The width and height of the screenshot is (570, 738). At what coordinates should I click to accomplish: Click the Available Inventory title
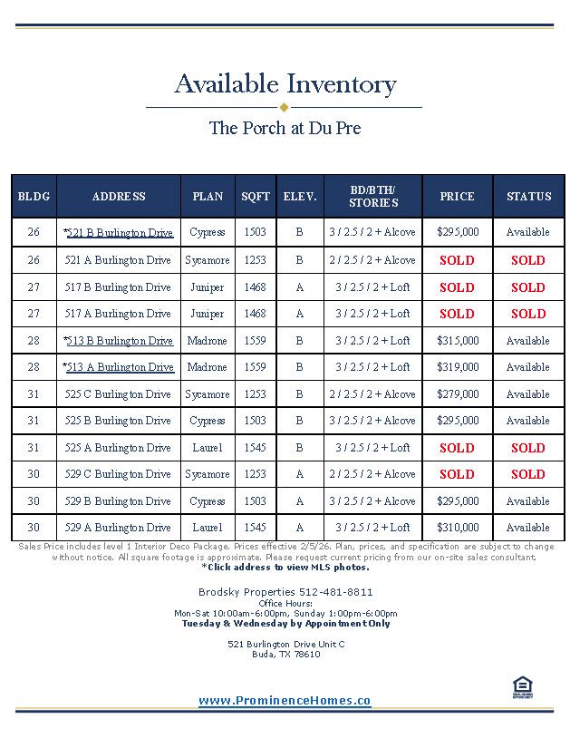pyautogui.click(x=285, y=84)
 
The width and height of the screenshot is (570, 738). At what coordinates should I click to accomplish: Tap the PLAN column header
pyautogui.click(x=208, y=197)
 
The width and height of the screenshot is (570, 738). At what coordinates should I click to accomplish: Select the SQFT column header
pyautogui.click(x=256, y=197)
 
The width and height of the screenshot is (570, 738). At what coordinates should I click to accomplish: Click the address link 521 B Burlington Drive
pyautogui.click(x=120, y=233)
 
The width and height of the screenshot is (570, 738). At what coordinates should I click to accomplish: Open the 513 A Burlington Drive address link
pyautogui.click(x=120, y=367)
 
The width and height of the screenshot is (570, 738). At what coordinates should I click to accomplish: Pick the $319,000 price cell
pyautogui.click(x=458, y=367)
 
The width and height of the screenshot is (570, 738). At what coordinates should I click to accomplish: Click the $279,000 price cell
pyautogui.click(x=458, y=394)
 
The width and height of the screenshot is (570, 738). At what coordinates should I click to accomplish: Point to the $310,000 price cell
pyautogui.click(x=458, y=528)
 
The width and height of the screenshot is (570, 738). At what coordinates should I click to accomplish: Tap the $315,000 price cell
pyautogui.click(x=458, y=341)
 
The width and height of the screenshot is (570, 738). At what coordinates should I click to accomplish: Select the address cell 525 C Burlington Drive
pyautogui.click(x=118, y=394)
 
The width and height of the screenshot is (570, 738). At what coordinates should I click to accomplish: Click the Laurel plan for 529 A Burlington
pyautogui.click(x=208, y=528)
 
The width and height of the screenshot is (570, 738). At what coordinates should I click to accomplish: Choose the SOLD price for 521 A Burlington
pyautogui.click(x=457, y=260)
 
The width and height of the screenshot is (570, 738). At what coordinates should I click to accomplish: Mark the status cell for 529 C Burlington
pyautogui.click(x=527, y=474)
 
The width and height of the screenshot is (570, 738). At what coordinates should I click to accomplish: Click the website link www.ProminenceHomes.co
pyautogui.click(x=285, y=701)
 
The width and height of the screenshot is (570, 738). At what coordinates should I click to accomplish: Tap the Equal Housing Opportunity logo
pyautogui.click(x=522, y=688)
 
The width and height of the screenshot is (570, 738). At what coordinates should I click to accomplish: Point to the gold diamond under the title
pyautogui.click(x=284, y=107)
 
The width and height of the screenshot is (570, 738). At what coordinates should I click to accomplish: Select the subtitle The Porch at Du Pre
pyautogui.click(x=285, y=128)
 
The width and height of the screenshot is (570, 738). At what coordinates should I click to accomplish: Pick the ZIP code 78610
pyautogui.click(x=305, y=655)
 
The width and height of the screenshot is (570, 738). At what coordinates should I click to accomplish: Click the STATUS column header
pyautogui.click(x=528, y=197)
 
